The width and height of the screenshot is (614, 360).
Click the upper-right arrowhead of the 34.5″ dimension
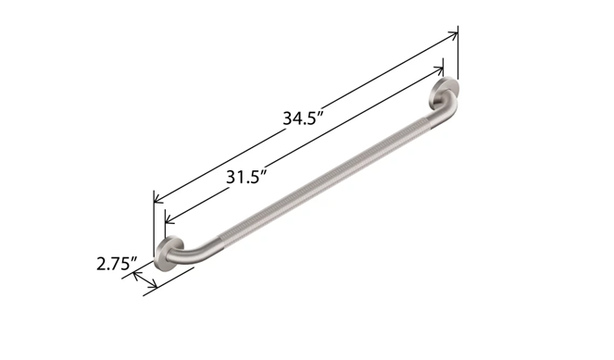point(454,35)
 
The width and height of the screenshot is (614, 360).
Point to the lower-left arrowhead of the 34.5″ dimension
point(158,198)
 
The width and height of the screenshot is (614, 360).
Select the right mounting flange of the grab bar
point(444,96)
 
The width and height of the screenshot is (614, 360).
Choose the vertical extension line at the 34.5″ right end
point(458,56)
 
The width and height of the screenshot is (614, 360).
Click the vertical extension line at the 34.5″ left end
point(154,222)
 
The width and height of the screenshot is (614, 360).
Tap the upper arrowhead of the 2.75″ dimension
point(138,275)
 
